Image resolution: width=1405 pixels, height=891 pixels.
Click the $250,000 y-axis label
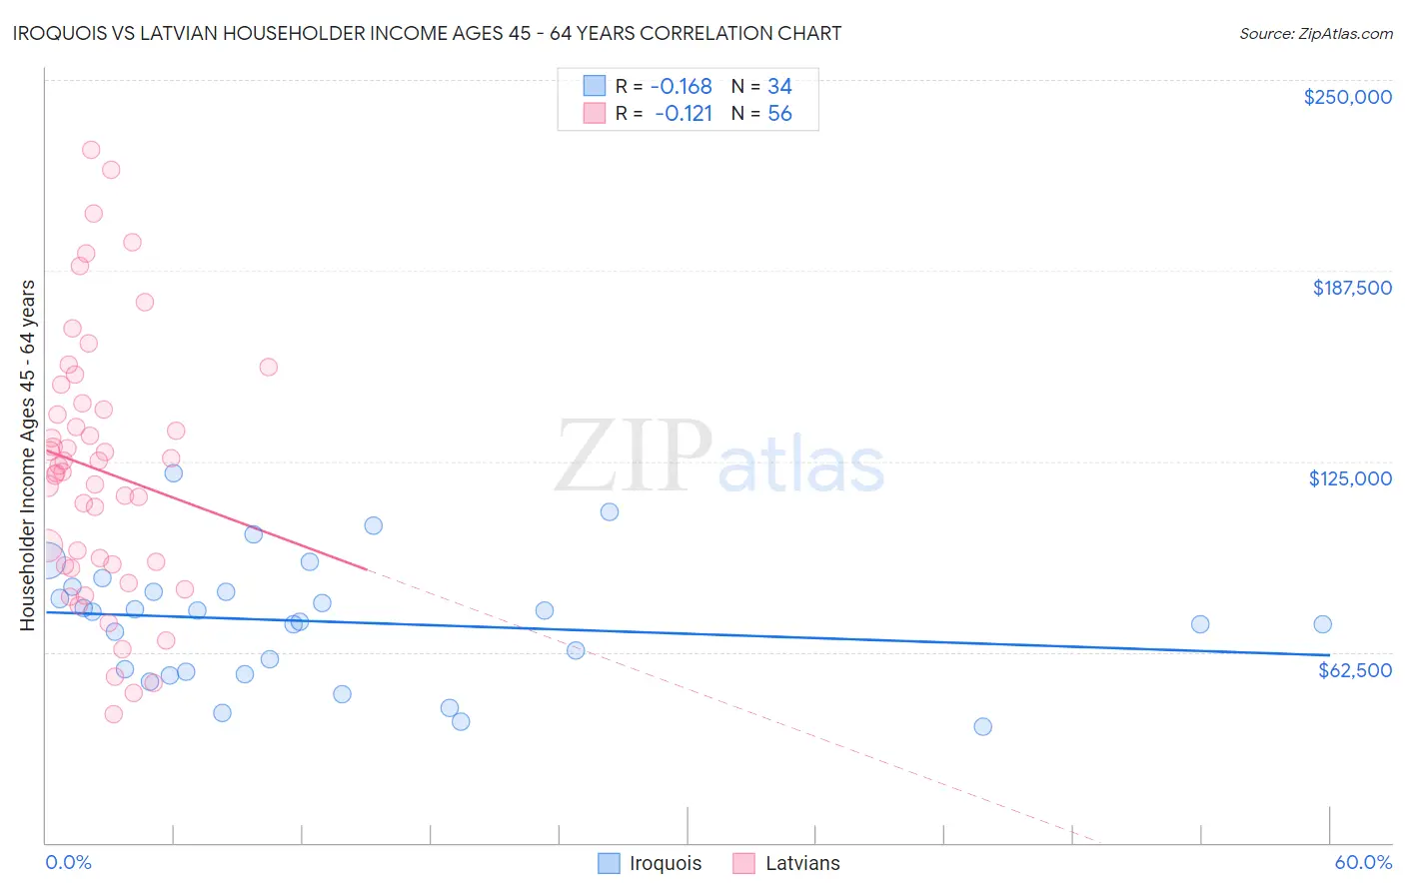tap(1347, 97)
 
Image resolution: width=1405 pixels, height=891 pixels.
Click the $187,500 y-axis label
tap(1351, 288)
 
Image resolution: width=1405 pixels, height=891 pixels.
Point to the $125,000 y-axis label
tap(1350, 478)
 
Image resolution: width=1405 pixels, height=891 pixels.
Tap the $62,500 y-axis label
tap(1354, 670)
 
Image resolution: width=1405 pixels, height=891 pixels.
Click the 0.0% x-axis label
tap(68, 862)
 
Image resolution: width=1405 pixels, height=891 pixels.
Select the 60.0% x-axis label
tap(1363, 862)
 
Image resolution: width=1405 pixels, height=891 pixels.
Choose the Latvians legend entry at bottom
tap(786, 863)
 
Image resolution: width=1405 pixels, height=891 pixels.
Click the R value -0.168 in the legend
tap(681, 87)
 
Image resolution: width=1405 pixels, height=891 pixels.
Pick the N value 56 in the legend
tap(779, 114)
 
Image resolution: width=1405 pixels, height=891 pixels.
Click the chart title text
tap(428, 33)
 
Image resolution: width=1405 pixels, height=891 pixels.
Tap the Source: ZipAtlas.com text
tap(1315, 33)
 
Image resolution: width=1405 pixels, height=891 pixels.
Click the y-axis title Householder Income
tap(27, 455)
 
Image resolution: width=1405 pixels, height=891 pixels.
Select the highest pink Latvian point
tap(90, 150)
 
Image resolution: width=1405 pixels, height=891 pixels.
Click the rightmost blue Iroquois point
tap(1322, 624)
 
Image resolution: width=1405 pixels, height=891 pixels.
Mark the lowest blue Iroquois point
tap(982, 726)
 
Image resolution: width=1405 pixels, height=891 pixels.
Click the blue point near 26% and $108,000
tap(610, 511)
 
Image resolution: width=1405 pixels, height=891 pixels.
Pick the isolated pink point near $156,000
tap(268, 367)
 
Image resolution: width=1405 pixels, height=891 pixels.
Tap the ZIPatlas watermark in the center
tap(719, 457)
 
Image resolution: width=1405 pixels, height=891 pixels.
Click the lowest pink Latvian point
tap(113, 714)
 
